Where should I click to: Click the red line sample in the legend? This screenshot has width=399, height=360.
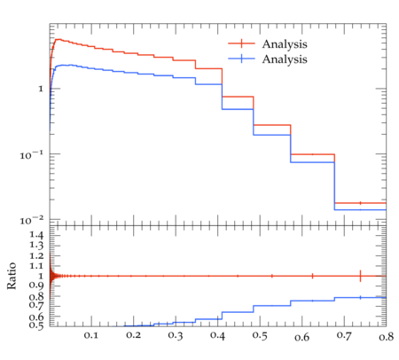point(241,43)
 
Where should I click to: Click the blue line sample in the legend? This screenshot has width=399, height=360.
point(241,59)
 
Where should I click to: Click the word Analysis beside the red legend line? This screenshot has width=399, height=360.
point(285,44)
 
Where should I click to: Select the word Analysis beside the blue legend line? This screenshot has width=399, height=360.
point(285,59)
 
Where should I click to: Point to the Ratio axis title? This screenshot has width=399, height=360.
point(12,276)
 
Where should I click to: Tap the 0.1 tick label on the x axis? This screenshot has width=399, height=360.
point(90,335)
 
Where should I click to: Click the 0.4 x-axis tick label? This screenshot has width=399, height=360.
point(217,335)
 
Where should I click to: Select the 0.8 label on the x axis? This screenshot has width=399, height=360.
point(386,337)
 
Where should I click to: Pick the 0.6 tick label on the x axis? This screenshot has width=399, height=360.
point(301,337)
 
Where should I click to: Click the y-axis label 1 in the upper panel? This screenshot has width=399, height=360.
point(41,89)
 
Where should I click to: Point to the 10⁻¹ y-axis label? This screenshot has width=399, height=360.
point(32,154)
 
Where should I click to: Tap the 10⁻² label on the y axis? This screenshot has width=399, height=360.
point(32,220)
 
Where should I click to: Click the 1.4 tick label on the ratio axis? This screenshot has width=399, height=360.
point(36,235)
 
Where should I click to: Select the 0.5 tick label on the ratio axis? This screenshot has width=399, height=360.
point(36,325)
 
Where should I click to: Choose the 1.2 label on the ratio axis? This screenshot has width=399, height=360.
point(36,255)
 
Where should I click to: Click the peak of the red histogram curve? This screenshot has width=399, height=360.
point(58,39)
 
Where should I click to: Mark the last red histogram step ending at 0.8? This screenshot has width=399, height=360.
point(360,203)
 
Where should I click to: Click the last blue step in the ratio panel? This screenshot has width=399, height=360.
point(360,297)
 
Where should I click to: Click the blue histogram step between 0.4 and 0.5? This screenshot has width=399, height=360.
point(238,109)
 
